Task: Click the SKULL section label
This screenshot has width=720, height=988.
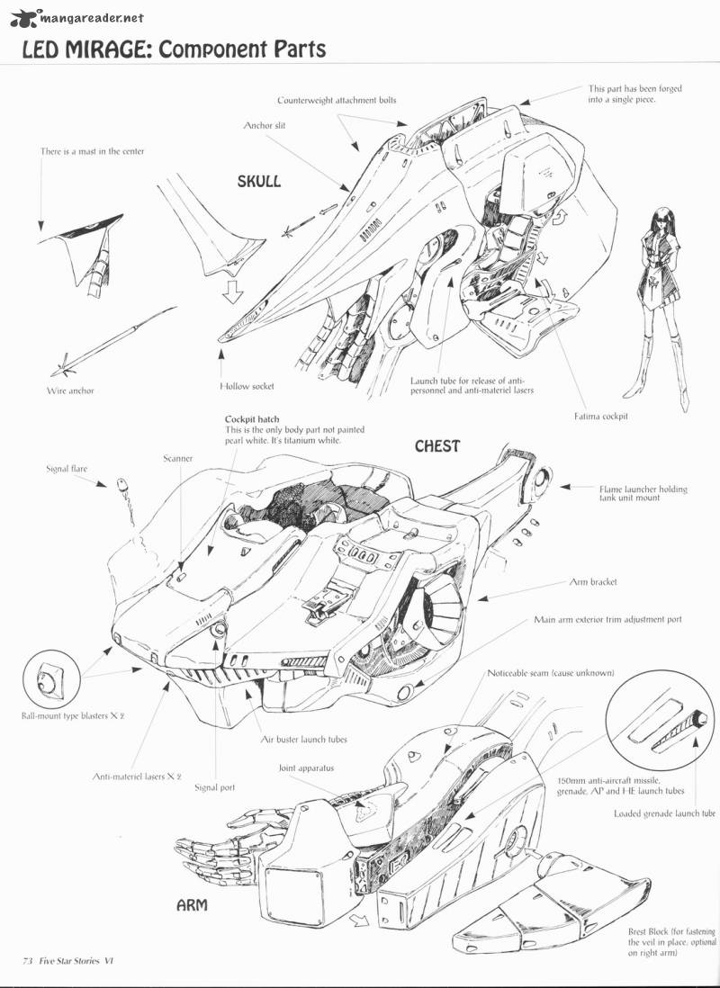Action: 258,182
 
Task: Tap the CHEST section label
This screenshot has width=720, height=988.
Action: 436,446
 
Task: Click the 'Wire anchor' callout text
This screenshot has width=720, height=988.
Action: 70,391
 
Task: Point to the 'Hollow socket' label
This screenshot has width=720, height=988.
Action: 247,386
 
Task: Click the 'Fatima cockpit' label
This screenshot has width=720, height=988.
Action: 600,416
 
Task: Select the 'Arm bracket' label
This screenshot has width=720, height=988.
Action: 592,582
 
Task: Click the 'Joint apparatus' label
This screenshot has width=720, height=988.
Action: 306,768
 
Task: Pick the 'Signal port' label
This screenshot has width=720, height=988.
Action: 215,787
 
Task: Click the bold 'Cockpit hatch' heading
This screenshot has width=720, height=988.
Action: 252,419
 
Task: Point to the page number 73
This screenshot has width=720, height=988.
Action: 27,961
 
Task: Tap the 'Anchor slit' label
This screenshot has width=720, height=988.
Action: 265,126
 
